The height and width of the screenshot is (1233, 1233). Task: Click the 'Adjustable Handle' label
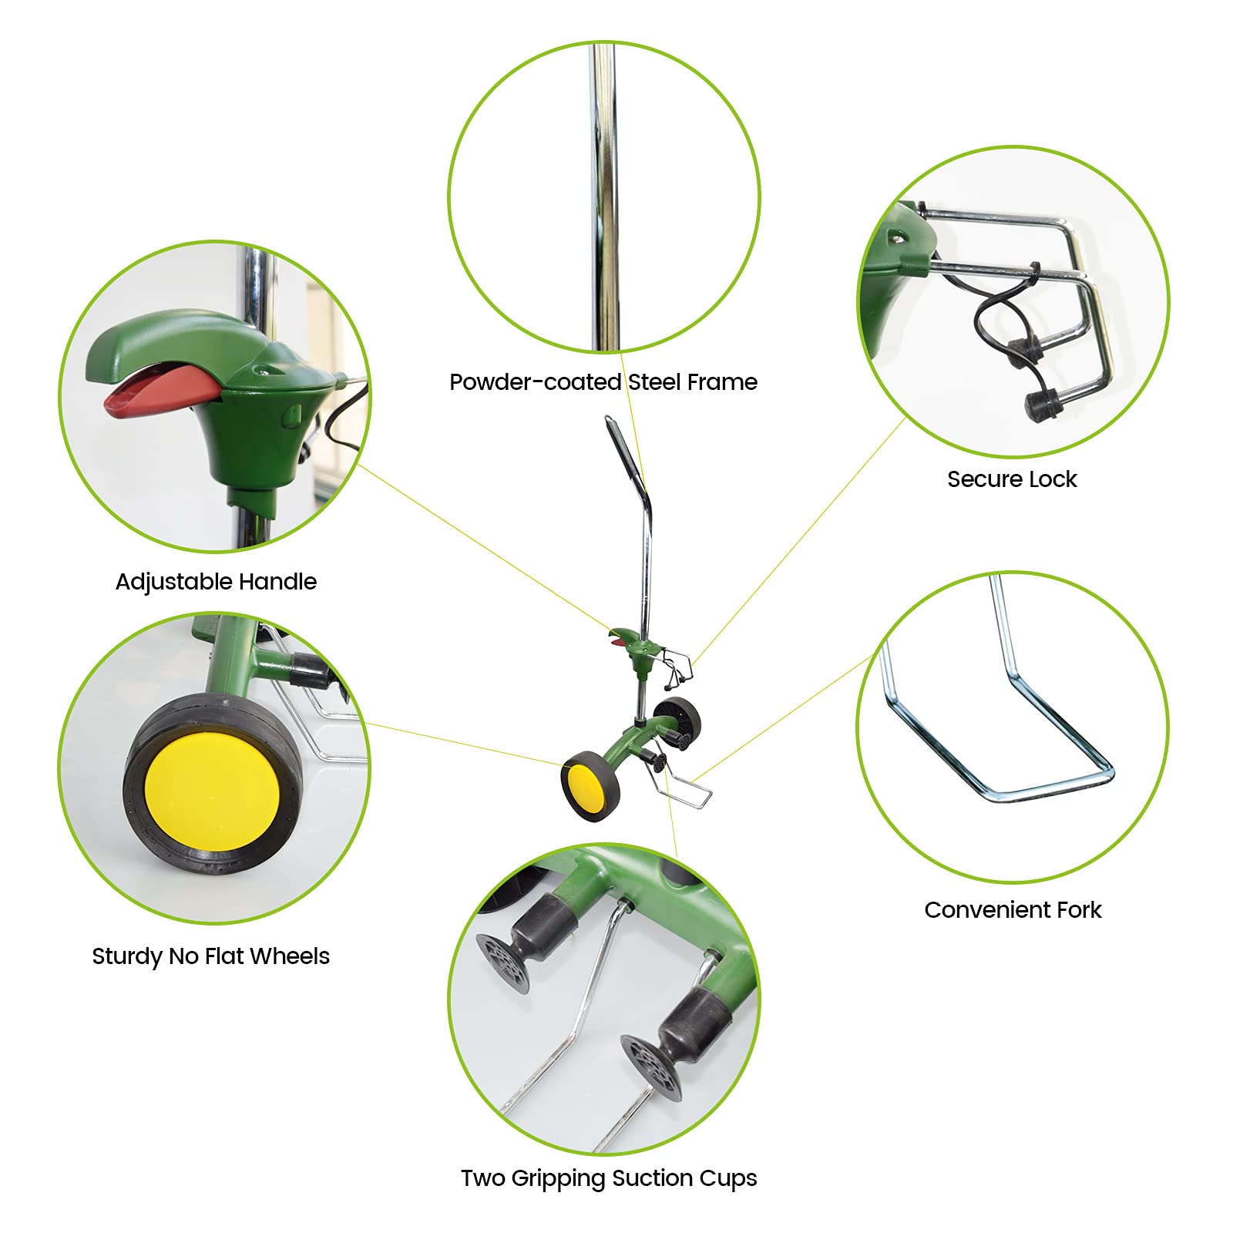(216, 582)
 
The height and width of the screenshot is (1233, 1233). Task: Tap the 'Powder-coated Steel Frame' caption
(603, 382)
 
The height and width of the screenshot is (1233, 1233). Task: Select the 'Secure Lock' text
(1012, 479)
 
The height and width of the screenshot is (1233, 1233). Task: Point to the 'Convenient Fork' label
(1013, 910)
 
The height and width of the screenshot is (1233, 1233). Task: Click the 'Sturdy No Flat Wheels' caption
(210, 956)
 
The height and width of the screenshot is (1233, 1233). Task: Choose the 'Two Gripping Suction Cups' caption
(609, 1178)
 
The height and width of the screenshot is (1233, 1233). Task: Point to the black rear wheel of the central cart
(678, 719)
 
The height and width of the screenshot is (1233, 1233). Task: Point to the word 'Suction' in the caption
(648, 1178)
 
